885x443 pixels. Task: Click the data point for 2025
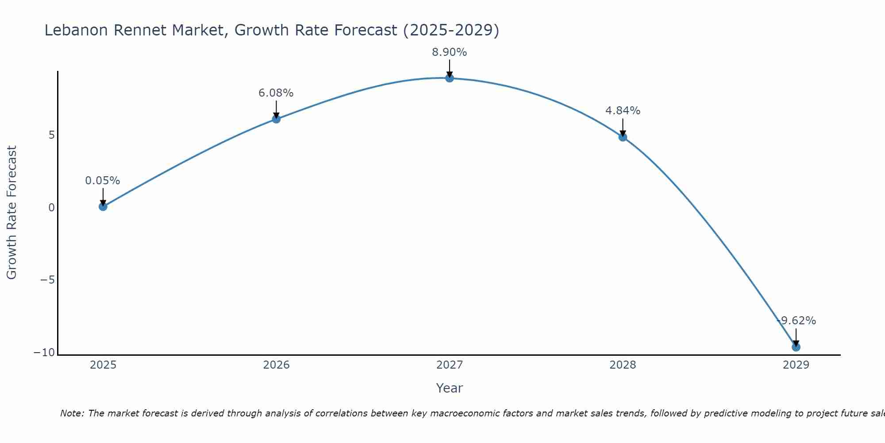(x=103, y=206)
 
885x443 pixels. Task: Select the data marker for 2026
(x=276, y=119)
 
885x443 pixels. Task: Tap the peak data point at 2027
(x=450, y=78)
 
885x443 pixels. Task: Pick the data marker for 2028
(x=623, y=137)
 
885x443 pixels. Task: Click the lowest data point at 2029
(x=796, y=347)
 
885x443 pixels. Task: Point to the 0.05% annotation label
(x=103, y=181)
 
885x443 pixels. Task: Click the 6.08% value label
(x=276, y=93)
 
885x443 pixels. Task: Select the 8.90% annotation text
(x=450, y=52)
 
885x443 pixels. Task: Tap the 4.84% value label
(x=623, y=111)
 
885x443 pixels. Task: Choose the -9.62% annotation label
(x=796, y=321)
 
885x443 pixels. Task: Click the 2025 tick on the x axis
(x=103, y=365)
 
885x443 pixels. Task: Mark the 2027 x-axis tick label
(x=450, y=365)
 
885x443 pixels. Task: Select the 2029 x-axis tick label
(x=796, y=365)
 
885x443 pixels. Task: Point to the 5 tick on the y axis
(x=52, y=135)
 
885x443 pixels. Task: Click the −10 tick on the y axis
(x=45, y=353)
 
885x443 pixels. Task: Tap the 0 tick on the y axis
(x=52, y=208)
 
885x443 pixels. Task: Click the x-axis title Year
(x=450, y=388)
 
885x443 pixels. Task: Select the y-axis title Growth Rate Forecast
(x=12, y=213)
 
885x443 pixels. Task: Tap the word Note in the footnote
(x=71, y=413)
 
